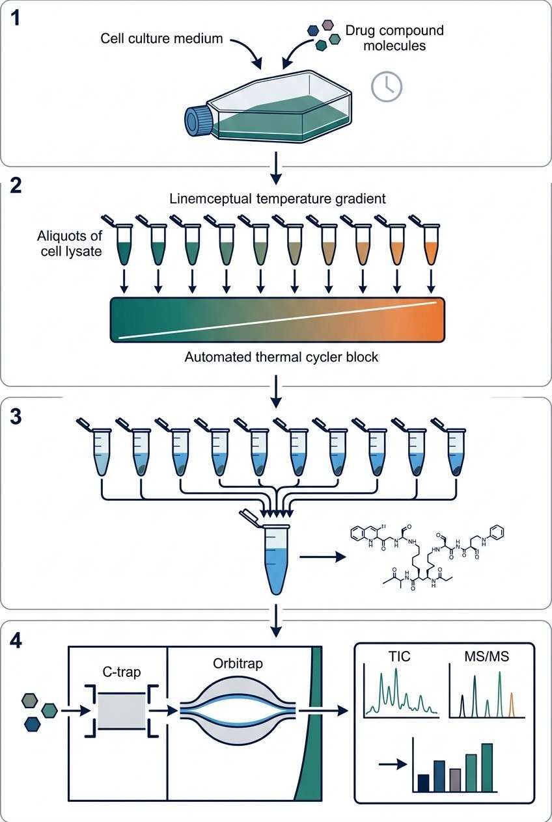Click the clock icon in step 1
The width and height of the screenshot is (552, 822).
[x=387, y=86]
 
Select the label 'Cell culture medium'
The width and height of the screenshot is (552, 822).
[x=161, y=38]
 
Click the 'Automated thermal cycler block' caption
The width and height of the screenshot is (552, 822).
[x=281, y=357]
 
